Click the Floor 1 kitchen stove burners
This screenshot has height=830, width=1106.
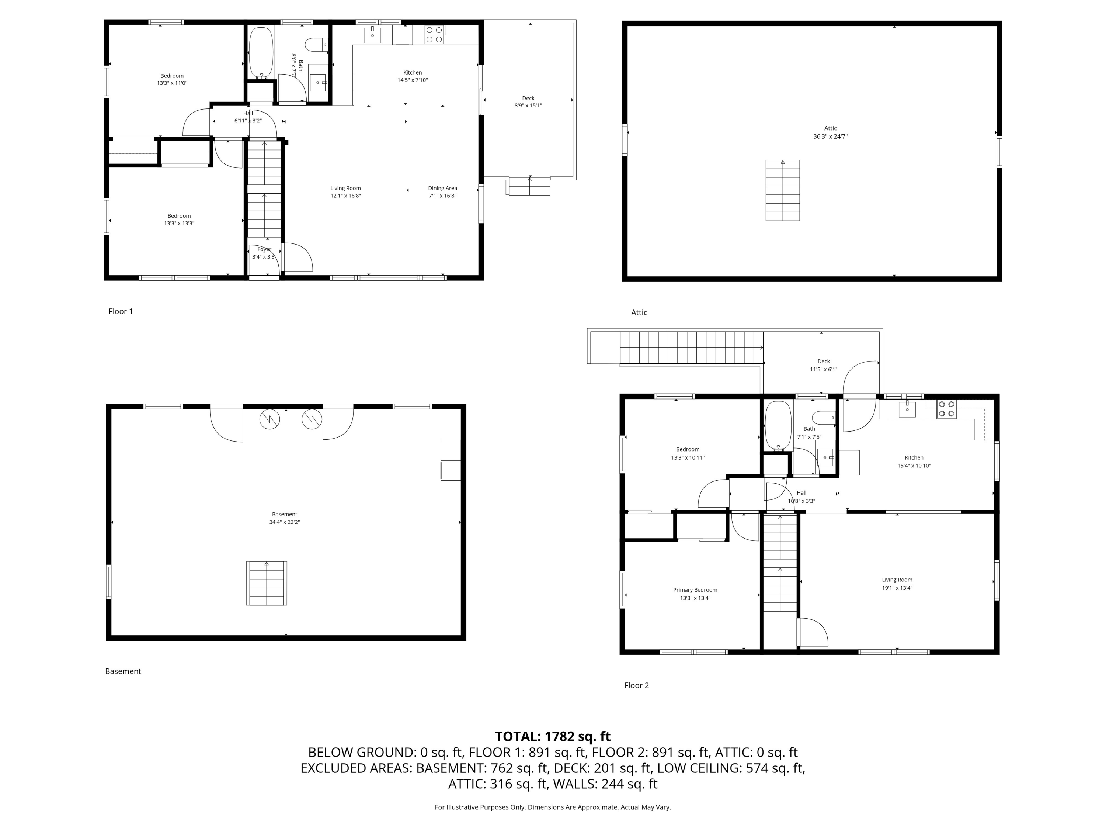434,35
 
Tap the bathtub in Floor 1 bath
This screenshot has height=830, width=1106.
261,52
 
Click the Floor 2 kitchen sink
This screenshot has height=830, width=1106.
907,409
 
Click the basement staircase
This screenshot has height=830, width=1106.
267,583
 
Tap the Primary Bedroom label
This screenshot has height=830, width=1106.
695,590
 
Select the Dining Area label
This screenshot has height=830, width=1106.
442,188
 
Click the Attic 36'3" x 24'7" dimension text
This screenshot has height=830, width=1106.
830,136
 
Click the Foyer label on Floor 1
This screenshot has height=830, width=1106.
264,249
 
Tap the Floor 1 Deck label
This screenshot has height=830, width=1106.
528,98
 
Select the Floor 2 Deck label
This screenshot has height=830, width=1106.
824,361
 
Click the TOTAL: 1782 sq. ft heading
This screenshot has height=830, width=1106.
553,736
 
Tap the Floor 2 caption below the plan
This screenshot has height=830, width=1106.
636,685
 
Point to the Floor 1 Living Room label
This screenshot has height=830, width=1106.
345,188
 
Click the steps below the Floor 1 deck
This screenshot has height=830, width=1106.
529,186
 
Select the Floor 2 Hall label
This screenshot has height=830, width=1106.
801,493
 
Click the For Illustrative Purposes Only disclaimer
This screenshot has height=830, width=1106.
553,807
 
